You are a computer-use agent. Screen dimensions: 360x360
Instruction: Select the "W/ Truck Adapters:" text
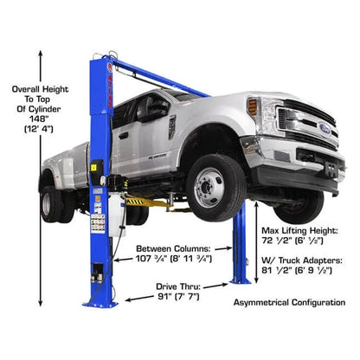point(305,257)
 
